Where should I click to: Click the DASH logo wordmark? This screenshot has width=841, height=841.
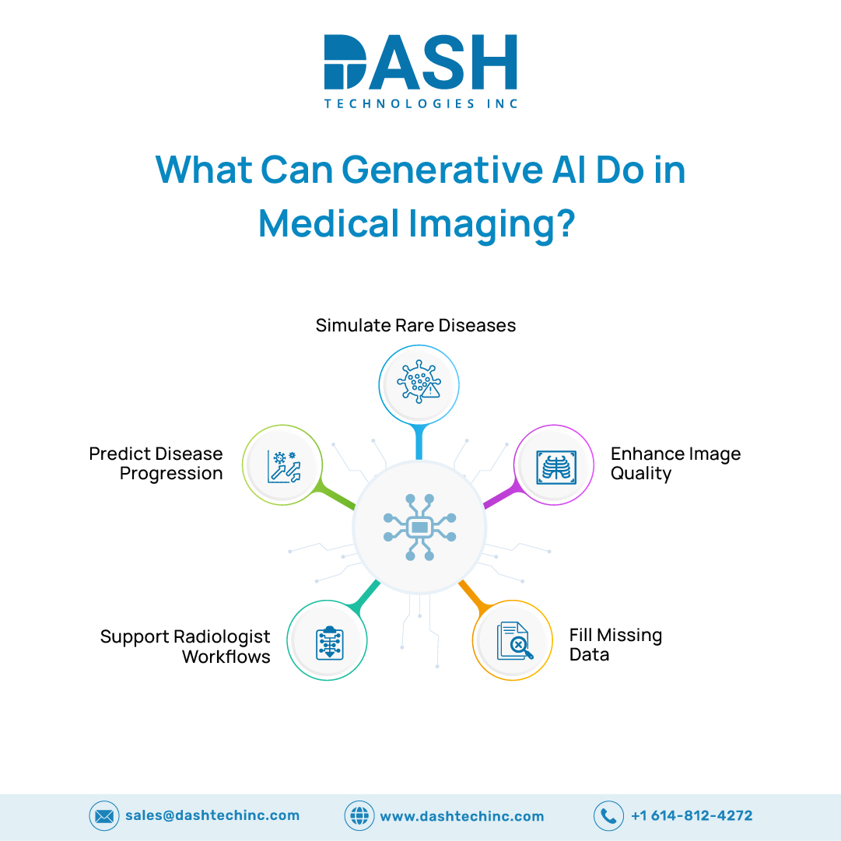[420, 61]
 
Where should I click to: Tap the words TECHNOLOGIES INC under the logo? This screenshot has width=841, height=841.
[421, 103]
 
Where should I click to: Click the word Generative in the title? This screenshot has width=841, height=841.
[443, 170]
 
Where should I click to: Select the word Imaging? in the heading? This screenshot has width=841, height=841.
[492, 225]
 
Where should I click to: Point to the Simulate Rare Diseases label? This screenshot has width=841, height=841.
[415, 325]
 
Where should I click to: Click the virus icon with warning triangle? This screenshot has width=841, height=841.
[419, 381]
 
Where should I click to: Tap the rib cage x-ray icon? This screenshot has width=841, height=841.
[557, 468]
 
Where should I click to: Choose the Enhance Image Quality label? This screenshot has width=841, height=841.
[676, 464]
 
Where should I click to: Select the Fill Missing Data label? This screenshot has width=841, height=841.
[615, 645]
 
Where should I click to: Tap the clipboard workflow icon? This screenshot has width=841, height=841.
[330, 643]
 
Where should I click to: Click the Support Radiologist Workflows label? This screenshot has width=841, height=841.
[186, 647]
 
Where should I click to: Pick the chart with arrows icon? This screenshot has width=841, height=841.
[284, 467]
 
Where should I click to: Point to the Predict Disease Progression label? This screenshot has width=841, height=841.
[156, 464]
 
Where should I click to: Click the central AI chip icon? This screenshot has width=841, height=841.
[420, 527]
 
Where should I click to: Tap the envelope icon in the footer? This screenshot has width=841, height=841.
[104, 816]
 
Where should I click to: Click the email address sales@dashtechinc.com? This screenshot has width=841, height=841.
[212, 816]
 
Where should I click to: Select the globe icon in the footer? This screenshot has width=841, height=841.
[359, 816]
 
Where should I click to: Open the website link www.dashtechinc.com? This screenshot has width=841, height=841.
[462, 816]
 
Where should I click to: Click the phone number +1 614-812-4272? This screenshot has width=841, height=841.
[692, 816]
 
